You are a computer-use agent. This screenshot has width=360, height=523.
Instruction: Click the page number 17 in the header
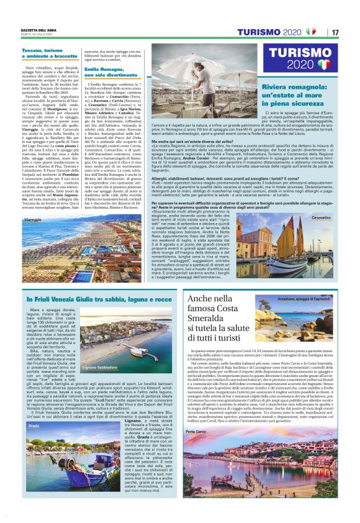pos(335,32)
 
